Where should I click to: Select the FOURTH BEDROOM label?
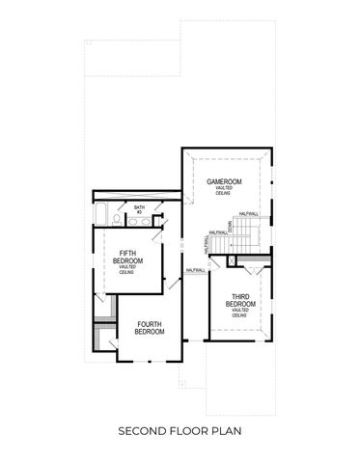pyautogui.click(x=150, y=327)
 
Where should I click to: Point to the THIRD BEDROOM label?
pyautogui.click(x=239, y=300)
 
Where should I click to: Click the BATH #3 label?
pyautogui.click(x=139, y=209)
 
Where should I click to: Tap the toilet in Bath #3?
pyautogui.click(x=117, y=221)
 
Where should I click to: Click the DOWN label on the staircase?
pyautogui.click(x=230, y=228)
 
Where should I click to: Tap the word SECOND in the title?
pyautogui.click(x=145, y=430)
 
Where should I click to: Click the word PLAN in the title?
pyautogui.click(x=227, y=430)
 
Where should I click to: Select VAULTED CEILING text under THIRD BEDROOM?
pyautogui.click(x=239, y=313)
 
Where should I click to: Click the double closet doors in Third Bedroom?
pyautogui.click(x=251, y=261)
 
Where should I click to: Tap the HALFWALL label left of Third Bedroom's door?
pyautogui.click(x=195, y=271)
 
